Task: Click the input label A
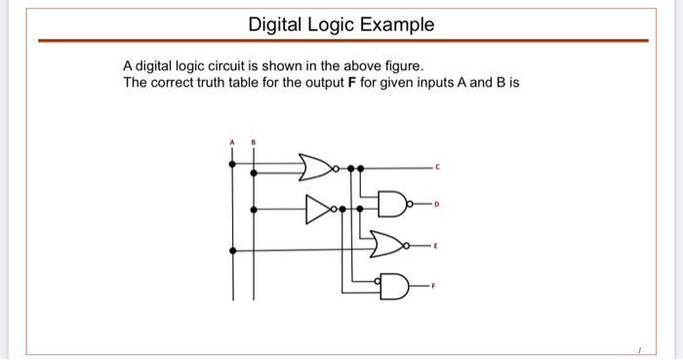[232, 143]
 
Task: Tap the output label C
[438, 168]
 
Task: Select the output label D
[438, 206]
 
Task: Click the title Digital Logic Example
[341, 23]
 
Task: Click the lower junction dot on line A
[232, 250]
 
